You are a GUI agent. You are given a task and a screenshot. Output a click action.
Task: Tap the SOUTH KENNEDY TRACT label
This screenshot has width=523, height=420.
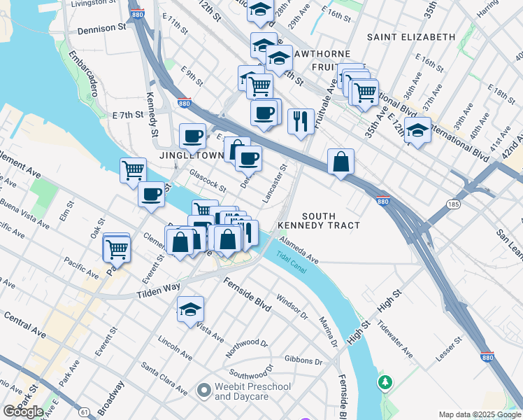318,220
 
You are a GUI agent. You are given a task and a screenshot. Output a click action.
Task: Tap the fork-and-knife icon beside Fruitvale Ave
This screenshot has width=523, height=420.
301,121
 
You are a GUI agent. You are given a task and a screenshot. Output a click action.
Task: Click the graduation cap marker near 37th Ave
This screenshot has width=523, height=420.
417,131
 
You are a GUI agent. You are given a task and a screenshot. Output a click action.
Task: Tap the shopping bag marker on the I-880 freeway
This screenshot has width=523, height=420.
341,162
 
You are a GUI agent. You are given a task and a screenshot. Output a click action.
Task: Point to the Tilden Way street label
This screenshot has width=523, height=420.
159,289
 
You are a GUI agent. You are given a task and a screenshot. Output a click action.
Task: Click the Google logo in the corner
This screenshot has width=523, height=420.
24,412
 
